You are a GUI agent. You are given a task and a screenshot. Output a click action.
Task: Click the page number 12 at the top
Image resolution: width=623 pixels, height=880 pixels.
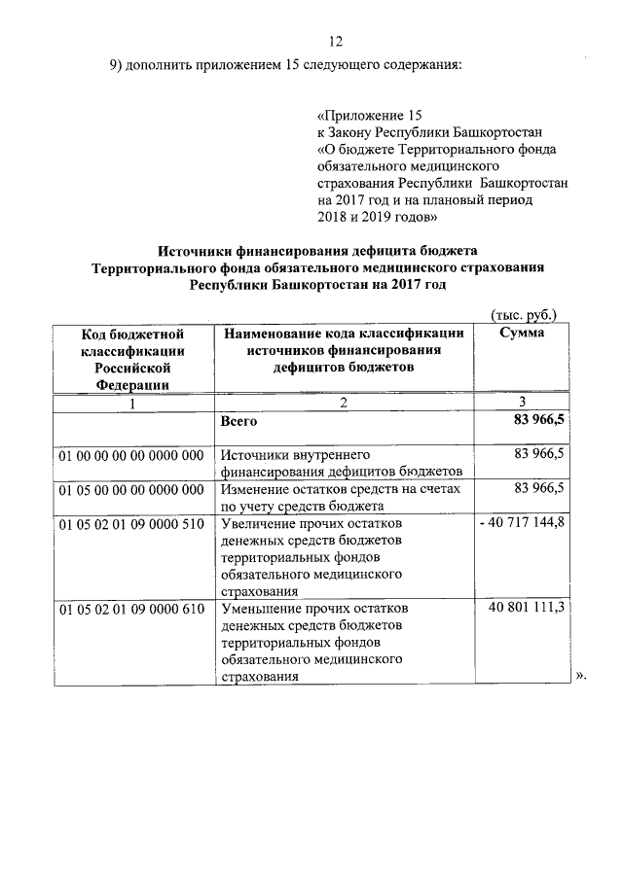336,42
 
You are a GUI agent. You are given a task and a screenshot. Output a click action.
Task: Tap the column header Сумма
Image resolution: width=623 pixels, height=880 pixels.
521,333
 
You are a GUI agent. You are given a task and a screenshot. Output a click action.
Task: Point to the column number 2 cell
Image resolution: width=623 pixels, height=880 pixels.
344,404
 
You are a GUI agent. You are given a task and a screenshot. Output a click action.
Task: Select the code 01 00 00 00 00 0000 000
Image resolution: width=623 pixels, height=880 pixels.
131,454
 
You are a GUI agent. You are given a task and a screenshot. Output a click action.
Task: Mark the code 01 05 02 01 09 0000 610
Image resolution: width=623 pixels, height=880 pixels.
131,609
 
